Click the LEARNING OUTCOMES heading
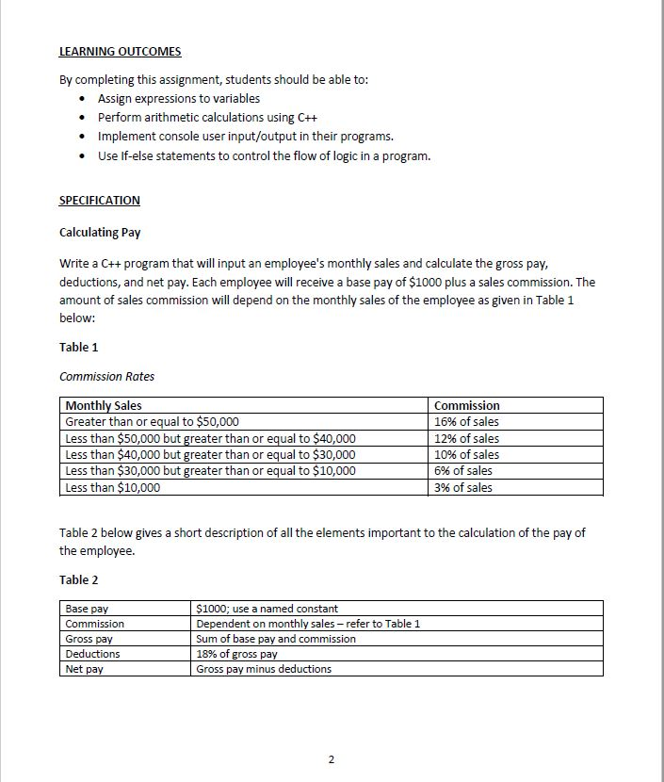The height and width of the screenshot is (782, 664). [x=120, y=51]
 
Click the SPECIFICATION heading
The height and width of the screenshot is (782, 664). [x=99, y=200]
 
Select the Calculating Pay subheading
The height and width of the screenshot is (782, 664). [x=100, y=232]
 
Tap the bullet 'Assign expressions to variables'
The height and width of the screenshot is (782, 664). [x=179, y=98]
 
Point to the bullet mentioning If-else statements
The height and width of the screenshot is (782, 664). [x=264, y=155]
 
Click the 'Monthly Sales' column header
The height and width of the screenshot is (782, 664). [x=104, y=405]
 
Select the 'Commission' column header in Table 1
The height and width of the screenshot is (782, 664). [x=467, y=405]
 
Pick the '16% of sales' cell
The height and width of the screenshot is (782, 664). [x=466, y=421]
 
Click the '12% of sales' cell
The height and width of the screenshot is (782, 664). [x=466, y=438]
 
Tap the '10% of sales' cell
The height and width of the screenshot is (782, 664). [x=466, y=454]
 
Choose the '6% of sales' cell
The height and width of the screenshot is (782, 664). [x=462, y=470]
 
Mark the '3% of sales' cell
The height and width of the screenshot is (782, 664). [x=462, y=487]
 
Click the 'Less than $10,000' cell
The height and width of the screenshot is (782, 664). [x=112, y=487]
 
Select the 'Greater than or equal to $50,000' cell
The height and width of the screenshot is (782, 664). [x=152, y=421]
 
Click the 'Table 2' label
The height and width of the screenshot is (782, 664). [x=78, y=579]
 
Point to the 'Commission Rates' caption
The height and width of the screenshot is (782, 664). [x=106, y=376]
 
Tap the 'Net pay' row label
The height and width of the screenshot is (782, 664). [x=84, y=669]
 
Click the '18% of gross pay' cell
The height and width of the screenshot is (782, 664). [x=236, y=654]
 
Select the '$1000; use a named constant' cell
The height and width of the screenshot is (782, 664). [x=267, y=609]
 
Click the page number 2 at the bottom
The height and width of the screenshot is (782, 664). [x=331, y=759]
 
